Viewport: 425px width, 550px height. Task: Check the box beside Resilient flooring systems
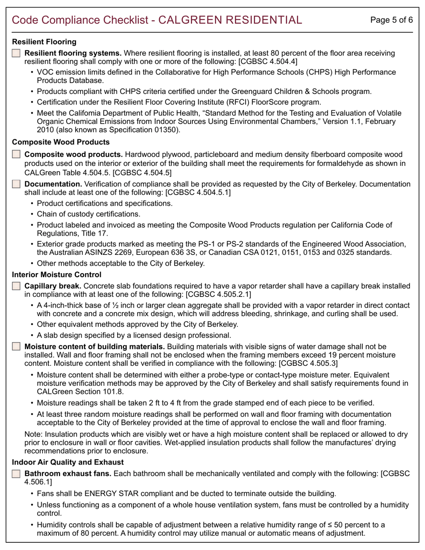16,53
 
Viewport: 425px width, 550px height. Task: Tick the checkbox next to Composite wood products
16,154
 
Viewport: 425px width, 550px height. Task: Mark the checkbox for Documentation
16,184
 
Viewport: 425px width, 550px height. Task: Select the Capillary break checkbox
16,286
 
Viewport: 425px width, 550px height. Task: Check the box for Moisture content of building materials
16,347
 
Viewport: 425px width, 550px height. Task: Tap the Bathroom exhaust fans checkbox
16,474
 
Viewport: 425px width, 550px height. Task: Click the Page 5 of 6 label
391,20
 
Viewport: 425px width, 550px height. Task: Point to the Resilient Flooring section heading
44,42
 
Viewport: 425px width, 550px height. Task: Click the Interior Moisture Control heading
56,275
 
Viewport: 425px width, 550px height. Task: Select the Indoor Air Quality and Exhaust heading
68,462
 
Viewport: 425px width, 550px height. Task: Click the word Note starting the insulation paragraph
32,434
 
